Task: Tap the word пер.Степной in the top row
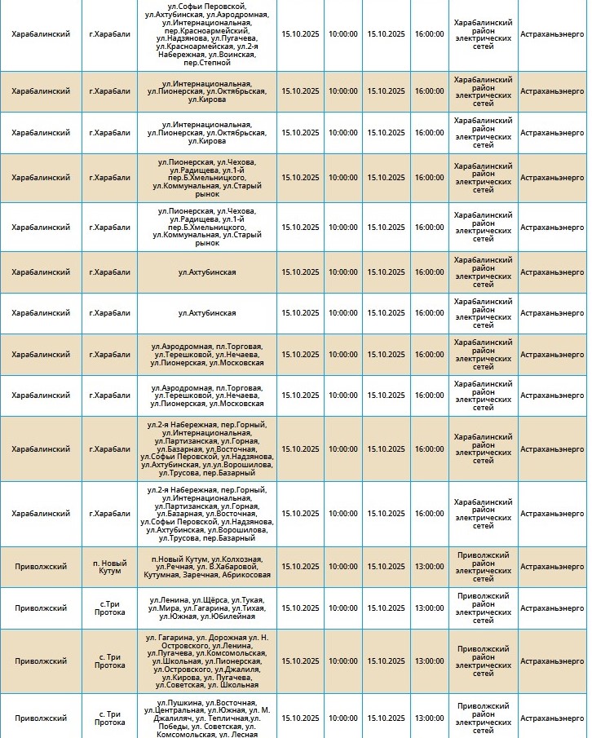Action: [207, 62]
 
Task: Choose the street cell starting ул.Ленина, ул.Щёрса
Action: [207, 608]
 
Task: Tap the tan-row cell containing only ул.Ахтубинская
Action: [207, 272]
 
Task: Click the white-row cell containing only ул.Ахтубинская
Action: [207, 313]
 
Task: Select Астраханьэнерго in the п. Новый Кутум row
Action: [552, 567]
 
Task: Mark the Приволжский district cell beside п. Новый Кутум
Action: [41, 567]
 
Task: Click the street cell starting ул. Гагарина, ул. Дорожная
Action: [207, 661]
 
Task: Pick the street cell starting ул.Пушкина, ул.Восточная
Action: [207, 718]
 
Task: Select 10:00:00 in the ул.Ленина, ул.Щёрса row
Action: [342, 608]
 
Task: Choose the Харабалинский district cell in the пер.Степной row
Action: [41, 34]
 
